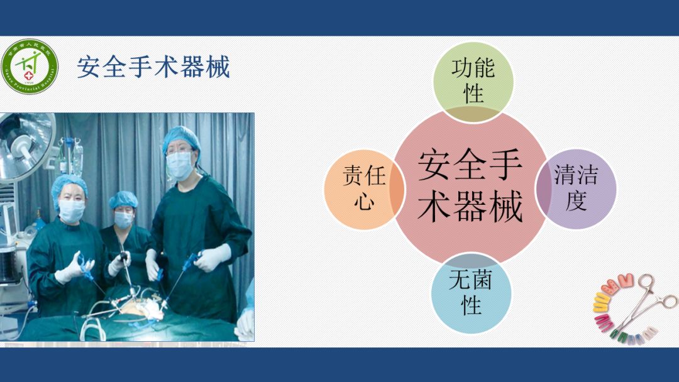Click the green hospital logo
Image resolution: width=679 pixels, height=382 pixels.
point(30,65)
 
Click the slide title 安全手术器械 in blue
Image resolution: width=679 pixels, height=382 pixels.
point(153,67)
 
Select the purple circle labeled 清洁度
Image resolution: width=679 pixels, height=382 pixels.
point(577,188)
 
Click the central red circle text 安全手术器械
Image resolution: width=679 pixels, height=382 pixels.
point(470,186)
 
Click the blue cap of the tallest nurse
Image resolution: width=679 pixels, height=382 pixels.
point(181,137)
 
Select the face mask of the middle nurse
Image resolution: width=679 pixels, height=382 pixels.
point(123,219)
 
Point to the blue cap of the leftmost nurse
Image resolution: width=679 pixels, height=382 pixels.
point(69,184)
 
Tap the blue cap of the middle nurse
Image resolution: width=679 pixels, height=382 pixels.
point(123,200)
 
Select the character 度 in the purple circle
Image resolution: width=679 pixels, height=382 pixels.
point(577,201)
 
